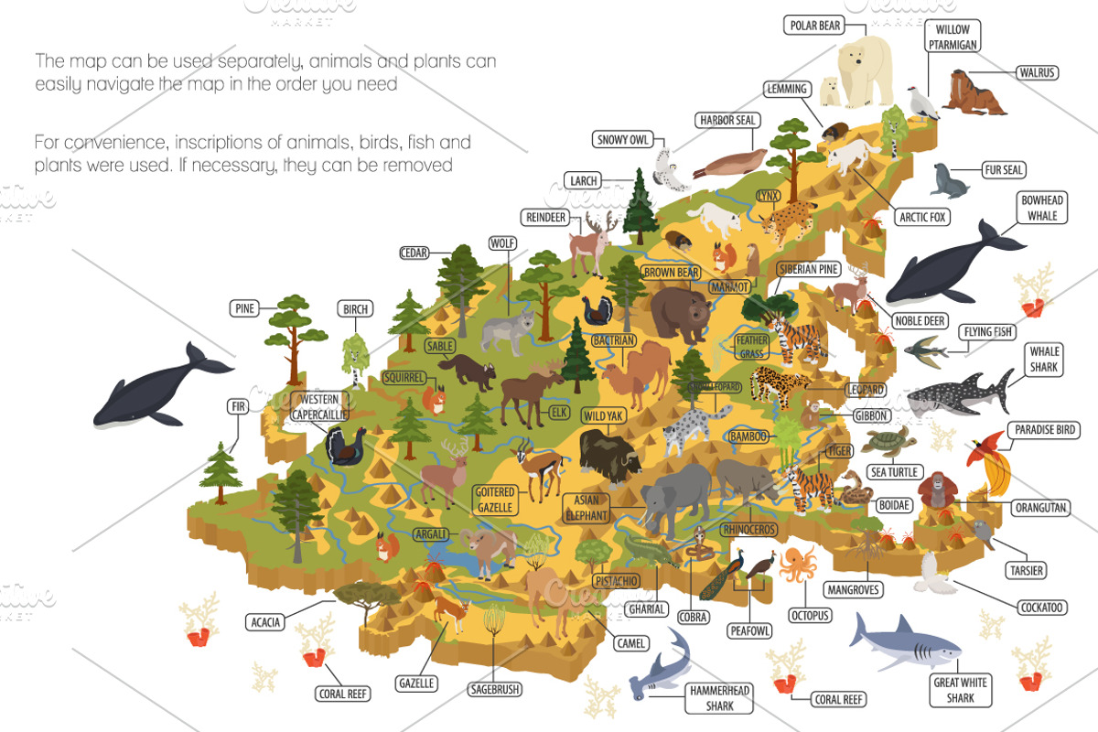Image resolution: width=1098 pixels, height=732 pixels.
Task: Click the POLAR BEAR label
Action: tap(813, 25)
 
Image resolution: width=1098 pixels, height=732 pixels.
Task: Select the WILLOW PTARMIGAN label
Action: tap(953, 38)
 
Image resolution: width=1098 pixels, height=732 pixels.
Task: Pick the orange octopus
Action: tap(798, 564)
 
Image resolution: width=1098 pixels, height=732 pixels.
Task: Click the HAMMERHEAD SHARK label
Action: tap(718, 699)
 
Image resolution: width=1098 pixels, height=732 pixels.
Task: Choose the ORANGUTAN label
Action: tap(1041, 507)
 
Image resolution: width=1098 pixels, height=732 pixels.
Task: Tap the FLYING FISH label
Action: tap(987, 332)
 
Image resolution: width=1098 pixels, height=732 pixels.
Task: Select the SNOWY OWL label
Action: tap(623, 140)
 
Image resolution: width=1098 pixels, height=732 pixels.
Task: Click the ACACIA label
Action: tap(264, 622)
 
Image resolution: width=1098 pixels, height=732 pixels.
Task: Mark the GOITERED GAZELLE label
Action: tap(495, 500)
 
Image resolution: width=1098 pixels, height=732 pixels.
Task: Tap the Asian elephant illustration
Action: tap(673, 499)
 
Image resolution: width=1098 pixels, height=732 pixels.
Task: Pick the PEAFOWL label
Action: tap(749, 630)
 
